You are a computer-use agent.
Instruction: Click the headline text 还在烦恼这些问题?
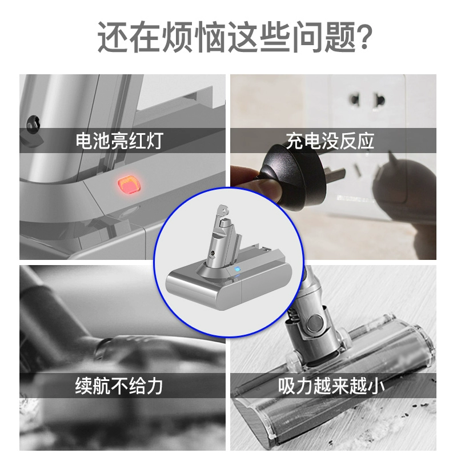[235, 37]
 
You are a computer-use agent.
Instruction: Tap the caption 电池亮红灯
[119, 141]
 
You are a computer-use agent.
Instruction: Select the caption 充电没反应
[330, 141]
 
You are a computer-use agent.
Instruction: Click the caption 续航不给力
[119, 386]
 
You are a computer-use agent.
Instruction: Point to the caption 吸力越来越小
[331, 386]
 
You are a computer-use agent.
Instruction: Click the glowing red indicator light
[129, 184]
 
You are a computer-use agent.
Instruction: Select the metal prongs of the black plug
[335, 174]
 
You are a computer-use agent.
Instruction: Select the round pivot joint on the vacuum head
[315, 320]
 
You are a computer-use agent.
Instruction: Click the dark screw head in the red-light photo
[33, 123]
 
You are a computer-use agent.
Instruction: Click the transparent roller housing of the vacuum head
[335, 384]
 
